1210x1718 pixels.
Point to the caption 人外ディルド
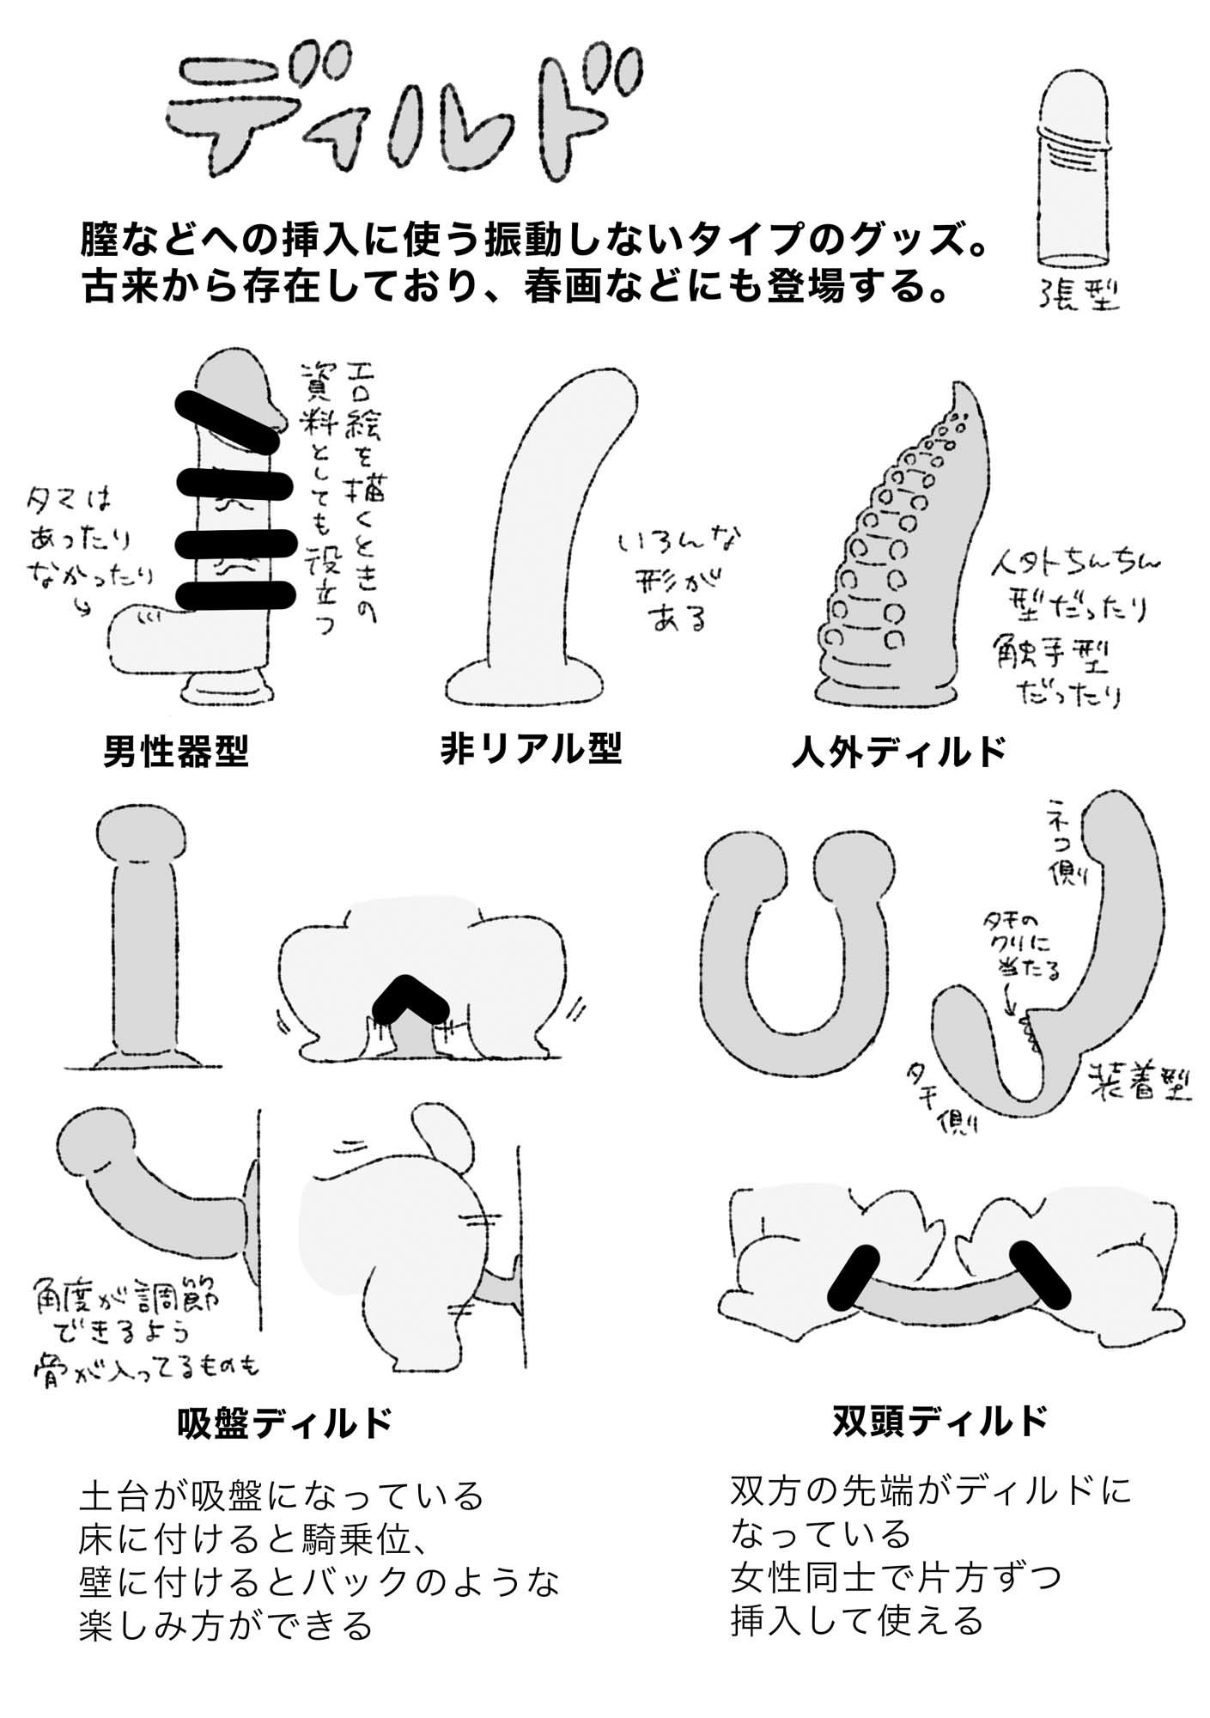[x=897, y=752]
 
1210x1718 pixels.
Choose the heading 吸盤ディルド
[x=283, y=1423]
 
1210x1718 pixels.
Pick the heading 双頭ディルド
[x=940, y=1421]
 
